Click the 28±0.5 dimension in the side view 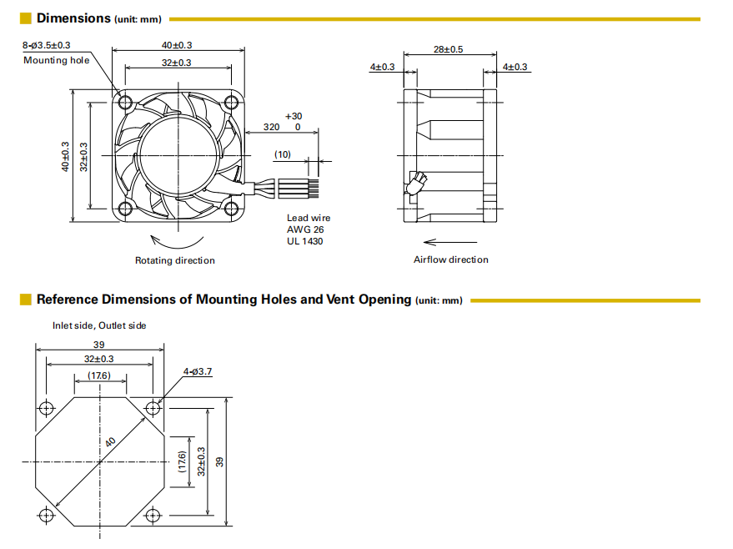click(448, 49)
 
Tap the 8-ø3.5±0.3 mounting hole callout click(46, 45)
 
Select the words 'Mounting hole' click(56, 60)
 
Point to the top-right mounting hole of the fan click(231, 102)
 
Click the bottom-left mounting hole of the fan click(125, 209)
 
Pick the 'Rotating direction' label click(175, 260)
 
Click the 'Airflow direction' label click(450, 259)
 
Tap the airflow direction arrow click(450, 242)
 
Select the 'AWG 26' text click(305, 229)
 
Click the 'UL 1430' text click(305, 241)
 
